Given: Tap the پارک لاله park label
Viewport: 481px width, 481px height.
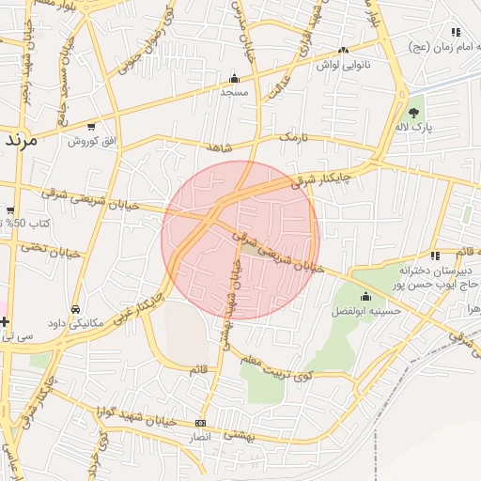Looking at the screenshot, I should click(414, 127).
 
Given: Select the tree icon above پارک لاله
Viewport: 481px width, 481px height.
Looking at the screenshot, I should click(414, 112).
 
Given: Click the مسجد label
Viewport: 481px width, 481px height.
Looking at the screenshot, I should click(233, 93).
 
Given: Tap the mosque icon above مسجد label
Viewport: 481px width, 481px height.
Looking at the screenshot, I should click(234, 79).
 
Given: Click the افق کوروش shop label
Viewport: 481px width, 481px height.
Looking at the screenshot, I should click(90, 140).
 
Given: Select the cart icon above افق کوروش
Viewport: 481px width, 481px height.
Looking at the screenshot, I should click(91, 126).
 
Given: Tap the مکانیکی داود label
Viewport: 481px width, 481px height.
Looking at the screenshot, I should click(75, 322).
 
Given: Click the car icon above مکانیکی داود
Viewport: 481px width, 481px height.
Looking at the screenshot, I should click(75, 308).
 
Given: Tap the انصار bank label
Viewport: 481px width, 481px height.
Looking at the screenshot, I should click(200, 437).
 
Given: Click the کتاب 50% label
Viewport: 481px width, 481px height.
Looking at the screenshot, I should click(26, 224).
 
